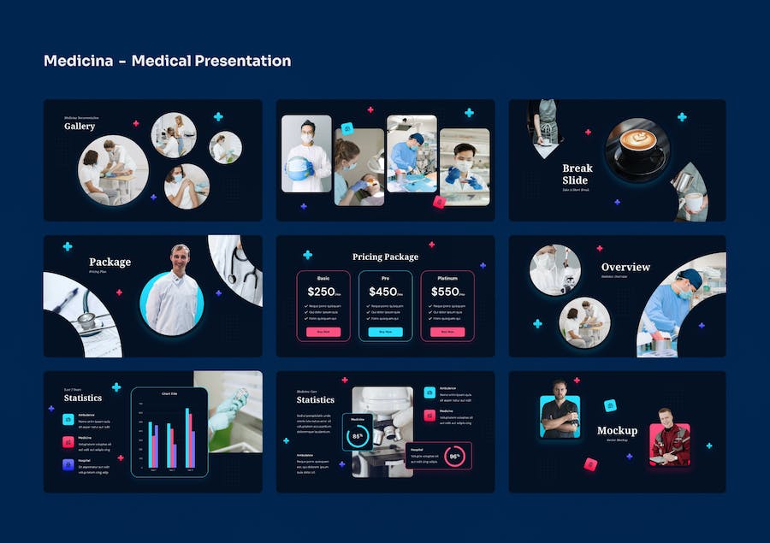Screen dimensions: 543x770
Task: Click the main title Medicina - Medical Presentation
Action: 167,61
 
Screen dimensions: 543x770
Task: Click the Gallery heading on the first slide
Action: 80,127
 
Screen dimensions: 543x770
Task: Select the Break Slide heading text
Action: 577,174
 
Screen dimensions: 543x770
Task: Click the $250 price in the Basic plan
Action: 321,292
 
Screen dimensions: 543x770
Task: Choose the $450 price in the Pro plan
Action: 383,292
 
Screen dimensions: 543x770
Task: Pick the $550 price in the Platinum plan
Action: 445,292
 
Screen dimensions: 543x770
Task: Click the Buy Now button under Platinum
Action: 447,332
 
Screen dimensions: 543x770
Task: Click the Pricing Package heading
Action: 385,257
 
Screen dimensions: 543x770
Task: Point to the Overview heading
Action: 625,268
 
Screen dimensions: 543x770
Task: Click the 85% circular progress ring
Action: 357,437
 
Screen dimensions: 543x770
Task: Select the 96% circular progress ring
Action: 455,457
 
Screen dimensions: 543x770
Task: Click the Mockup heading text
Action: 617,431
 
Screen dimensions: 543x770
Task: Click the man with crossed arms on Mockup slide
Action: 560,412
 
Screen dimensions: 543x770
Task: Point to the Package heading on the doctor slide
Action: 110,262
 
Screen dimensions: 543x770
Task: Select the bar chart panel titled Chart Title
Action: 169,432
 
